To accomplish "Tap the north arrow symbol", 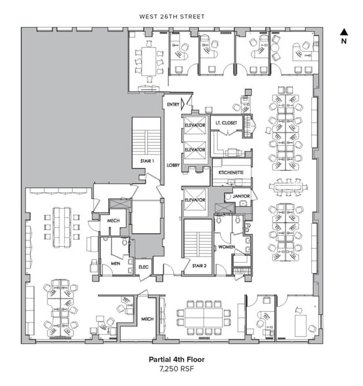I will click(343, 31).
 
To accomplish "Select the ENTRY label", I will click(173, 104).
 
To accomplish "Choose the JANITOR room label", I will click(241, 196).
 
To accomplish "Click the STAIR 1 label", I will click(146, 161).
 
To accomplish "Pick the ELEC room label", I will click(144, 267).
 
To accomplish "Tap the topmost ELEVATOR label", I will click(195, 124).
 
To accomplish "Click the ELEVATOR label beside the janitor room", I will click(195, 199).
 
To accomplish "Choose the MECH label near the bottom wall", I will click(147, 320).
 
